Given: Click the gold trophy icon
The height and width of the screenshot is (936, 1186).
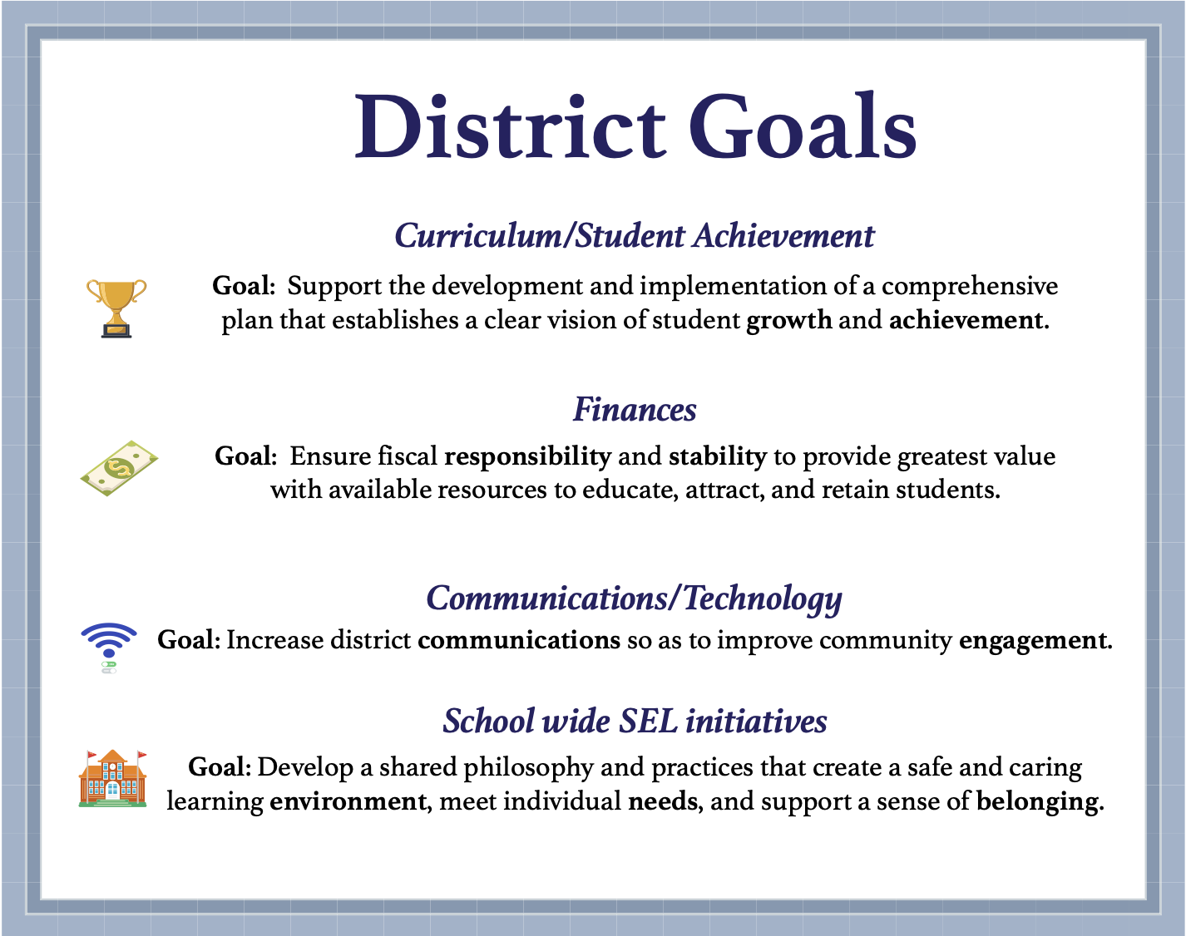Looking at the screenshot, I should (116, 308).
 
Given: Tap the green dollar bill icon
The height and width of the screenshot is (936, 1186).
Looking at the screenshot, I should (119, 469).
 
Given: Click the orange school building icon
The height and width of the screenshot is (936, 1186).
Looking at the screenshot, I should (113, 779).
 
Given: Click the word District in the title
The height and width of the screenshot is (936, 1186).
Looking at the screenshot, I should (510, 128).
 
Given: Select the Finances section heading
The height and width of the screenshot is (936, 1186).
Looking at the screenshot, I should (635, 410).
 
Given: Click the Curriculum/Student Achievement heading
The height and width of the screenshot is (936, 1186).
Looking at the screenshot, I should (634, 236).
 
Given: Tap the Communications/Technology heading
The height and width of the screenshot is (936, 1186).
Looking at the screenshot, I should (634, 599).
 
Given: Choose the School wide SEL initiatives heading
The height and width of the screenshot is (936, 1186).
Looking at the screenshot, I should (635, 721).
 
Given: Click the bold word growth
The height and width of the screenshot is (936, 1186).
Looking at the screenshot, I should (788, 320).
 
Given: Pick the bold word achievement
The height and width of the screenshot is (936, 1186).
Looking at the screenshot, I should (967, 320).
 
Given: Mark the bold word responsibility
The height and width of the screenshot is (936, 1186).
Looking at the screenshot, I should (528, 456).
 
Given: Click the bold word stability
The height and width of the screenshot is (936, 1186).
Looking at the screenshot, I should (717, 456).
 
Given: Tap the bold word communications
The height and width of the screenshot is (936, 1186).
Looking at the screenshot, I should (519, 640).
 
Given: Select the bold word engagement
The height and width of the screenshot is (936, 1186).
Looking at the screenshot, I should (1034, 641).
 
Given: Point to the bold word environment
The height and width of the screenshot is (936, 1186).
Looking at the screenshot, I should (348, 801).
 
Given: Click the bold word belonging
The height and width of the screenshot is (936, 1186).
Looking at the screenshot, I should (1038, 802).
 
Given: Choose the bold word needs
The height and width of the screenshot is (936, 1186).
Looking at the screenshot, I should (663, 801).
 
